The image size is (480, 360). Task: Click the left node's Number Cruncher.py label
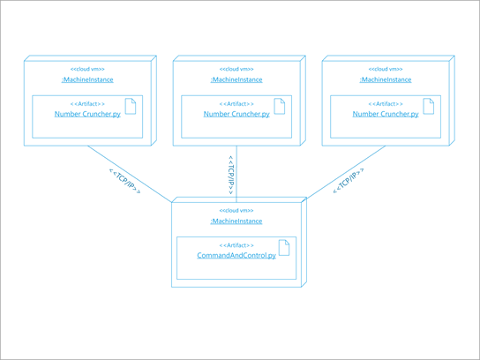(87, 115)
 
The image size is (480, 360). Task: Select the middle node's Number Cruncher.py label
(236, 115)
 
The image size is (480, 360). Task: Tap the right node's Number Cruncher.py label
(386, 115)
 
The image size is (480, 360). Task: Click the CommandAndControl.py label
(236, 256)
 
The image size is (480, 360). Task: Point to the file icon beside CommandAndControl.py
(284, 247)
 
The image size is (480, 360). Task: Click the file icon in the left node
(131, 106)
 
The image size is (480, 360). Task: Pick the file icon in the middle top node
(281, 106)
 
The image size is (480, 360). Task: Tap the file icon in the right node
(430, 106)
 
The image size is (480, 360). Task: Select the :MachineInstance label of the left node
(87, 79)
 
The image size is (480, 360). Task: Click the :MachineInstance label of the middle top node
(236, 79)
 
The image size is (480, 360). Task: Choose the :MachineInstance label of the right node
(386, 79)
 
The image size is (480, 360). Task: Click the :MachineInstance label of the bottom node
(236, 221)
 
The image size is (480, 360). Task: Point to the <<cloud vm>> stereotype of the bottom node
(236, 210)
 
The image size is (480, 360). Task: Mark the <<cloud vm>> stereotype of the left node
(87, 69)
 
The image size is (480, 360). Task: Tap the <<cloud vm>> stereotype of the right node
(386, 69)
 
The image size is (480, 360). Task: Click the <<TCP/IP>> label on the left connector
(124, 181)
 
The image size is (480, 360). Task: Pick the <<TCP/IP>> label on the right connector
(348, 182)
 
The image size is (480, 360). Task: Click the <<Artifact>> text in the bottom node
(236, 245)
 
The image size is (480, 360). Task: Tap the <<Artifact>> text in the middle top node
(236, 104)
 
